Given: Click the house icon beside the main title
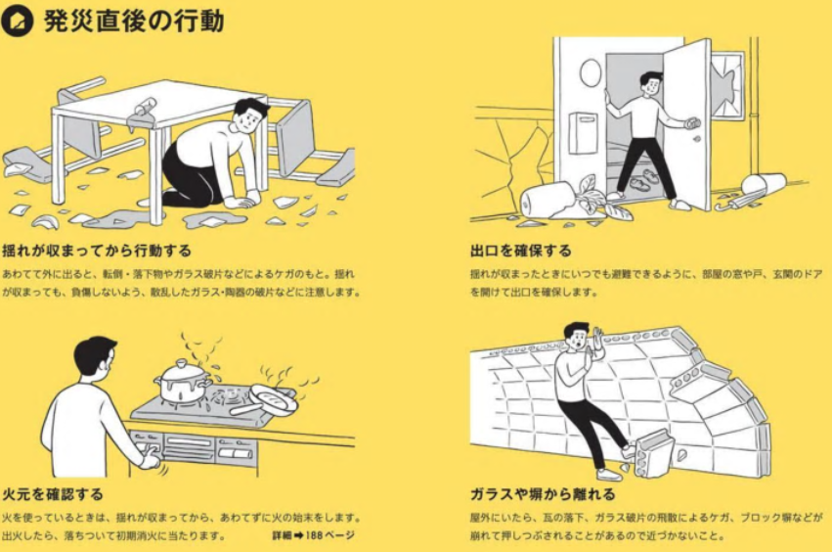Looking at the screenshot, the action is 17,21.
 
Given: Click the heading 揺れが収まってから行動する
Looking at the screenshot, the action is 97,250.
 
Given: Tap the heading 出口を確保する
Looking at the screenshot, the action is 520,250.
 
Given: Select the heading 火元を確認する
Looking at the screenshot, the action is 53,494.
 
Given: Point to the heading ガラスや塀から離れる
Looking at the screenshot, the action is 543,494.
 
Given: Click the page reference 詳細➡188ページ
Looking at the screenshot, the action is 313,535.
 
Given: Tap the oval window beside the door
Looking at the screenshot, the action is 591,72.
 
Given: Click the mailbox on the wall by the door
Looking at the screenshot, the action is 583,132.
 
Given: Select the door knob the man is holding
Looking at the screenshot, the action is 693,123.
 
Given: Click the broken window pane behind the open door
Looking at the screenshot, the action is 727,85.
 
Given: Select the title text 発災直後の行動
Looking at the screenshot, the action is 134,22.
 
